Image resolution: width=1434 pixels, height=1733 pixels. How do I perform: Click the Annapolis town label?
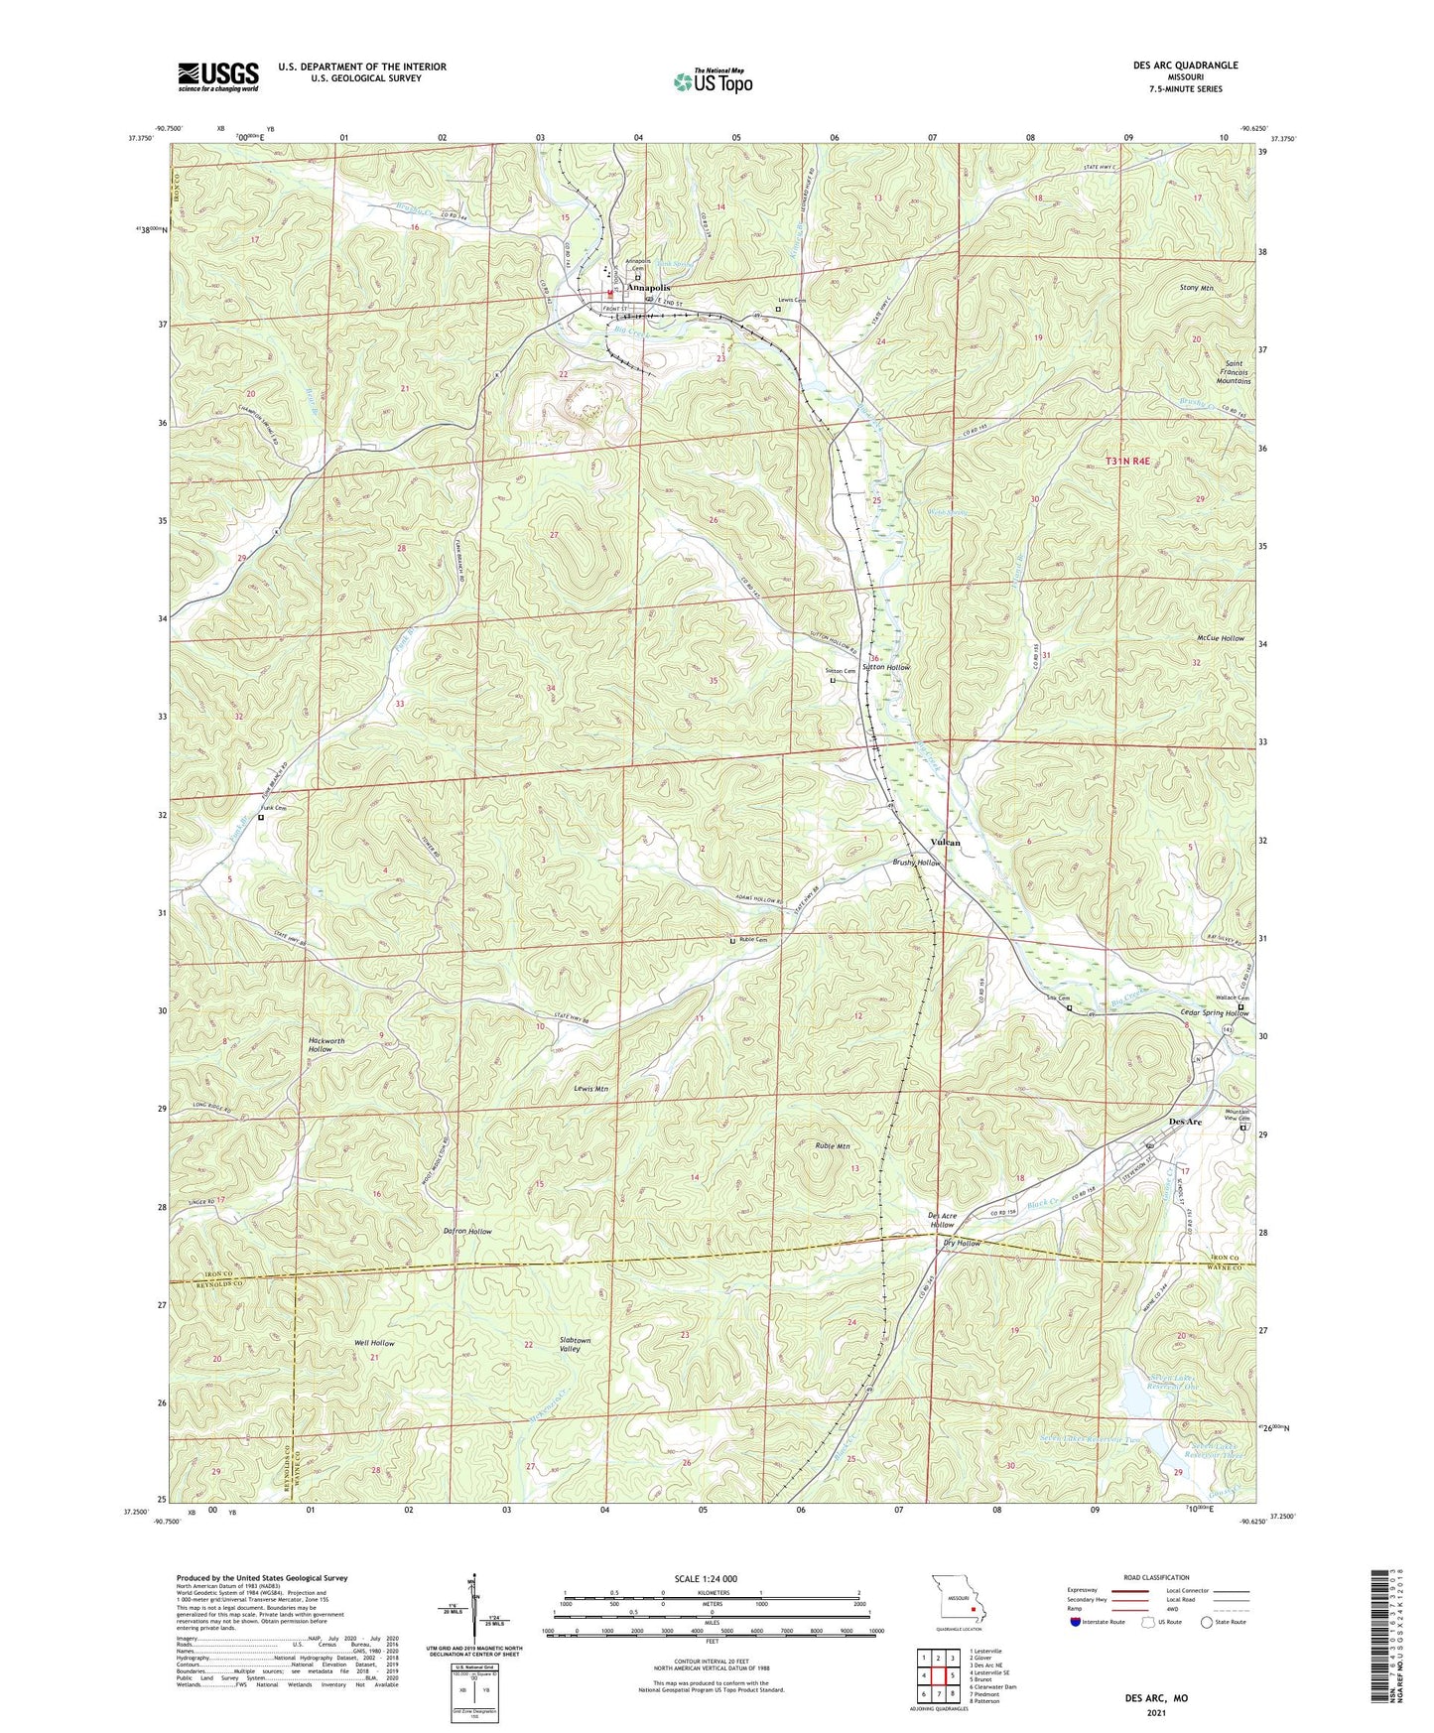tap(648, 288)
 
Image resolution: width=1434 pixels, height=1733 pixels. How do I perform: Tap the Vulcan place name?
tap(945, 842)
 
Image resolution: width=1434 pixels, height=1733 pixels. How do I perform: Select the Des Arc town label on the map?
tap(1185, 1122)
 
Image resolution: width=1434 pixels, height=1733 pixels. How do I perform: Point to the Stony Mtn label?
tap(1197, 288)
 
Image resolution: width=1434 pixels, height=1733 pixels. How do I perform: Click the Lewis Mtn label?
tap(590, 1089)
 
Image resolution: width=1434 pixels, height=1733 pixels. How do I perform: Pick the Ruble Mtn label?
tap(833, 1146)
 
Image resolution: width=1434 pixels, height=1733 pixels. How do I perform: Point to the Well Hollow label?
tap(374, 1343)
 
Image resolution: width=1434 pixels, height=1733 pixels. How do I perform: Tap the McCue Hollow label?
tap(1220, 638)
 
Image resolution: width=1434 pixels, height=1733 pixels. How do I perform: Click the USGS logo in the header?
tap(218, 76)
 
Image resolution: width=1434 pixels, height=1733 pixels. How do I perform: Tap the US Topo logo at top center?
tap(712, 81)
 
